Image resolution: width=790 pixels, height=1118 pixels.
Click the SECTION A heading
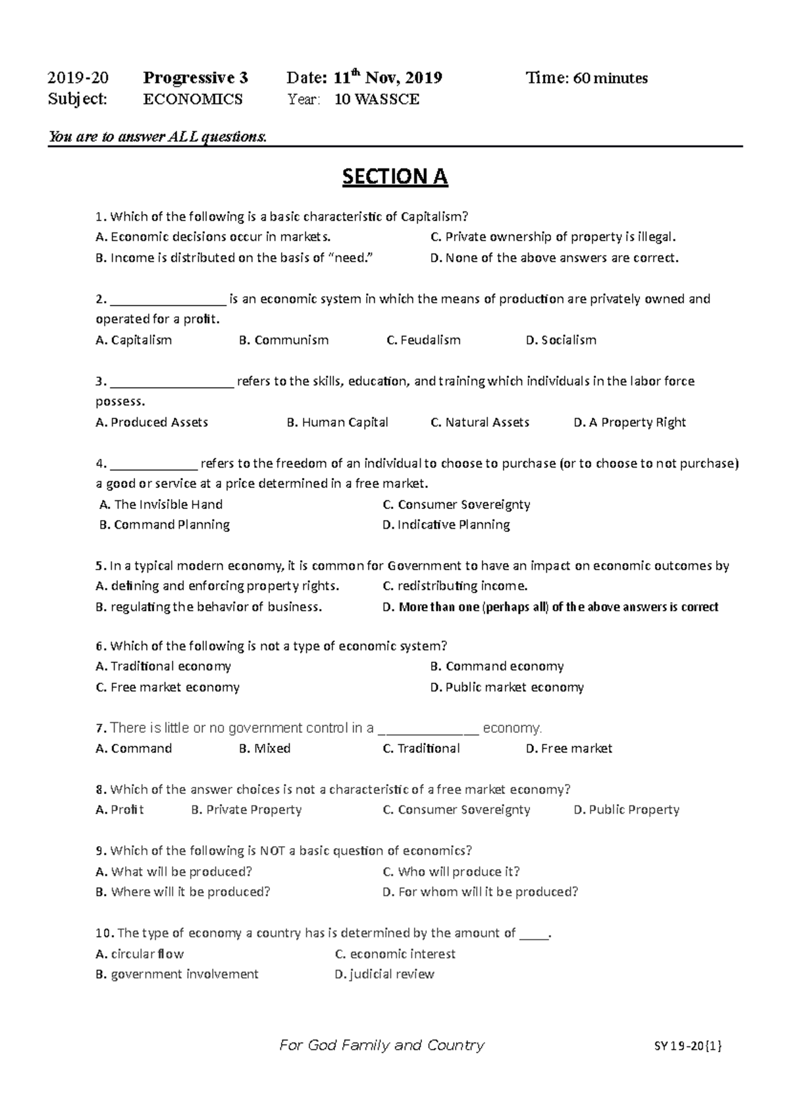click(x=395, y=177)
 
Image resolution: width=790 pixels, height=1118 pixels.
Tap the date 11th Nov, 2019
click(x=388, y=78)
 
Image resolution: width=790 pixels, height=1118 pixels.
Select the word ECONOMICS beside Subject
click(x=193, y=99)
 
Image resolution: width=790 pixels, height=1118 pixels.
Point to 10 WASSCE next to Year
click(x=377, y=99)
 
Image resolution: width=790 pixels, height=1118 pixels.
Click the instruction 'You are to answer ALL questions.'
click(x=158, y=137)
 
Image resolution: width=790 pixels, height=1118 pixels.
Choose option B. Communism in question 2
click(x=284, y=340)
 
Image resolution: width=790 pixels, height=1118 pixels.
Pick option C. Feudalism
click(x=423, y=340)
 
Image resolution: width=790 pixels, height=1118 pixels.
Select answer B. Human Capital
click(x=338, y=423)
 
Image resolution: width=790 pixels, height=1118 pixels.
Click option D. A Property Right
click(x=630, y=423)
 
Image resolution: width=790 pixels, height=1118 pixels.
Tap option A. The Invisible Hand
click(x=161, y=505)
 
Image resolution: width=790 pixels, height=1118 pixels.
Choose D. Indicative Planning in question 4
click(x=446, y=525)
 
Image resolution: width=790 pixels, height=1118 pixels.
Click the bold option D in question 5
click(x=550, y=607)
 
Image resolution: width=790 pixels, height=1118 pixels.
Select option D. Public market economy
click(x=507, y=687)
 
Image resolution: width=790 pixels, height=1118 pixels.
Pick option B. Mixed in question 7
click(x=265, y=749)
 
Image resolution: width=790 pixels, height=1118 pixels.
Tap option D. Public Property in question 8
click(x=626, y=810)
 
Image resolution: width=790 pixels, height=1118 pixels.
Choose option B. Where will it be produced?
click(x=183, y=892)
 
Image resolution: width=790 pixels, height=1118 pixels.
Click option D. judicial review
click(x=384, y=974)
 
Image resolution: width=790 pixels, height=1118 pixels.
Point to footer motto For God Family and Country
click(x=382, y=1046)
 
